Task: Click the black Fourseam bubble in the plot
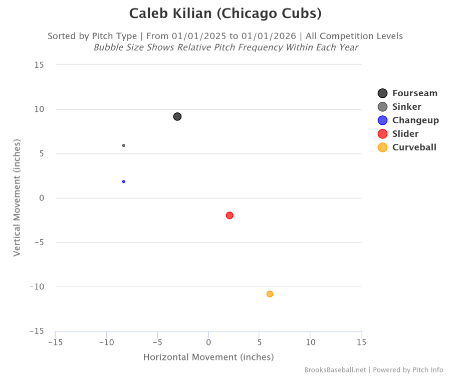[177, 117]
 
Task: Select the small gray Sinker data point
[124, 145]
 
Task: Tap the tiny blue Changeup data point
[123, 181]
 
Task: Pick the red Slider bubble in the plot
[230, 216]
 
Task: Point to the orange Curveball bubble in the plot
[270, 294]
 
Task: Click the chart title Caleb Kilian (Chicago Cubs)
[225, 14]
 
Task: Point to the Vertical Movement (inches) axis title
[17, 198]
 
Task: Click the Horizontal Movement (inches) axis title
[208, 357]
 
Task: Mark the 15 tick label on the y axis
[39, 65]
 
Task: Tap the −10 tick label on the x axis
[106, 342]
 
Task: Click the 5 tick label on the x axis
[259, 342]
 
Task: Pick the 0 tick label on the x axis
[208, 342]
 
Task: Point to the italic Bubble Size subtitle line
[225, 48]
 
